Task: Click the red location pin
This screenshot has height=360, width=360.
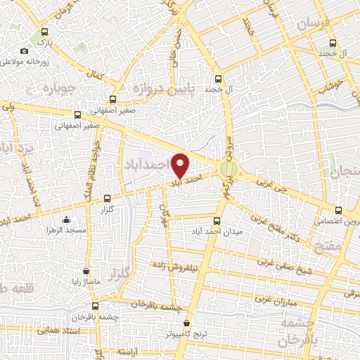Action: click(x=181, y=165)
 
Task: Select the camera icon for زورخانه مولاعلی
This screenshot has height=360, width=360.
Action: click(x=25, y=51)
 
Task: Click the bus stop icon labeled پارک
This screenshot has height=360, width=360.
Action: click(x=46, y=31)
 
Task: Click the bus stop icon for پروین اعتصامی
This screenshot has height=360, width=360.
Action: click(x=338, y=210)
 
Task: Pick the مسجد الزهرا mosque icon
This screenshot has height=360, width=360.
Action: click(x=65, y=219)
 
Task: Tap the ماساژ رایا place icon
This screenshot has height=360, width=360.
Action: click(x=86, y=270)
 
